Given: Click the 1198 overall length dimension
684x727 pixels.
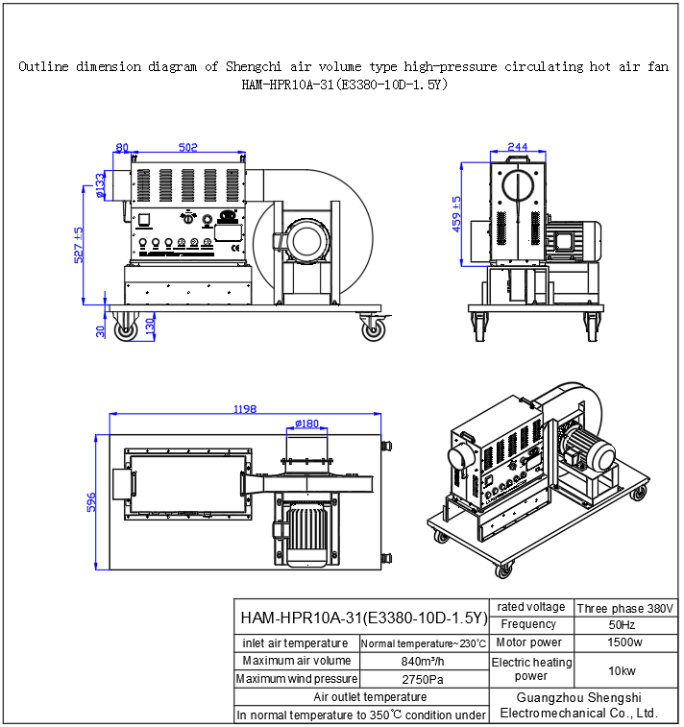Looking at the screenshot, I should pyautogui.click(x=244, y=409).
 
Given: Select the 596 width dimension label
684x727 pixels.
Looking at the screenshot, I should pyautogui.click(x=92, y=502).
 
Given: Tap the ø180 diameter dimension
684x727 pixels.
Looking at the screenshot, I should pyautogui.click(x=306, y=424).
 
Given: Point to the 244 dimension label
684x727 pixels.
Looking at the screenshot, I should pyautogui.click(x=517, y=147).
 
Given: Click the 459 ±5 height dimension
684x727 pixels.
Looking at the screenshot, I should pyautogui.click(x=458, y=214).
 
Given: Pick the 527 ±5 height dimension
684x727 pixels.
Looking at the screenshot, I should pyautogui.click(x=81, y=245).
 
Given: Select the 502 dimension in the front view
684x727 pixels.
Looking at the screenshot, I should pyautogui.click(x=188, y=147).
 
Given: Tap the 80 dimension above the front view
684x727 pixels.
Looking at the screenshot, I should pyautogui.click(x=122, y=147).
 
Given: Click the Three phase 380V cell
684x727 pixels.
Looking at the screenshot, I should pyautogui.click(x=625, y=608).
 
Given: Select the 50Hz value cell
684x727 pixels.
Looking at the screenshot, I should pyautogui.click(x=625, y=625).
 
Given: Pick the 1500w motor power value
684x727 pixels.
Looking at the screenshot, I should pyautogui.click(x=625, y=642).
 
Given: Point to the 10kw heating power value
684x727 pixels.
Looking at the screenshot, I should pyautogui.click(x=625, y=670).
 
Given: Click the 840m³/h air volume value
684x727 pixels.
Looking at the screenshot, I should pyautogui.click(x=424, y=661).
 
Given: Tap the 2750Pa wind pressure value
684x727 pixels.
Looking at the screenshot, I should pyautogui.click(x=424, y=679).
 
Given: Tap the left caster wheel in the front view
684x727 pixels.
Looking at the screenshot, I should pyautogui.click(x=126, y=331).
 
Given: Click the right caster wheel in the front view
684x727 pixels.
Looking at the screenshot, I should pyautogui.click(x=374, y=331).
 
